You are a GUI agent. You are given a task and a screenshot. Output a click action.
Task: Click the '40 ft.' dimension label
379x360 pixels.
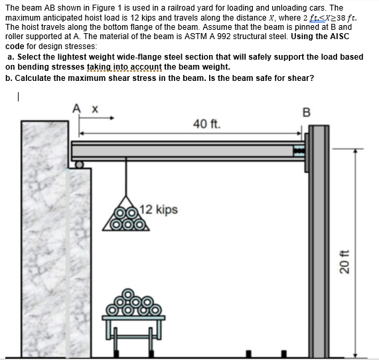coord(206,123)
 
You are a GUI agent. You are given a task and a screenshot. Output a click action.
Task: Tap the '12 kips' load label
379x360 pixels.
coord(159,210)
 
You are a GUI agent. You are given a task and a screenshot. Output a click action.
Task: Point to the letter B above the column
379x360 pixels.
coord(307,110)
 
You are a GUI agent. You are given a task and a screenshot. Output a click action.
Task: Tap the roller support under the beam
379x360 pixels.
coord(79,164)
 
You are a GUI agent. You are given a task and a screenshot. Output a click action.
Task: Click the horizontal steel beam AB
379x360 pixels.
coord(186,151)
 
